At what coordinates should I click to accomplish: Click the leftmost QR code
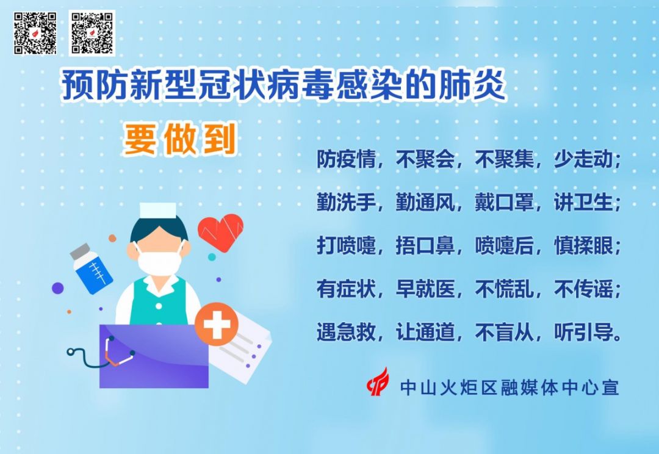tap(35, 33)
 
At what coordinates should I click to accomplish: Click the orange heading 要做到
tap(179, 139)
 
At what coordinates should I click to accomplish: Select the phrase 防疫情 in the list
tap(346, 159)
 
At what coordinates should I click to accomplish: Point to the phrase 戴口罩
tap(505, 203)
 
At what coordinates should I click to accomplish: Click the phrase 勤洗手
tap(346, 203)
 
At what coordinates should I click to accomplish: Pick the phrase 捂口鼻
tap(425, 246)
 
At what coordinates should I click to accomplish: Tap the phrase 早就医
tap(425, 289)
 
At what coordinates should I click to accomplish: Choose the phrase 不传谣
tap(583, 289)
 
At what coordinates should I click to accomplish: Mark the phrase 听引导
tap(583, 333)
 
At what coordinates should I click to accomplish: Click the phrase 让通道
tap(425, 333)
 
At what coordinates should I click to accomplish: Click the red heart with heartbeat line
tap(221, 232)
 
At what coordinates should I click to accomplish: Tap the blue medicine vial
tap(91, 268)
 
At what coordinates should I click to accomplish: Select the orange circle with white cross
tap(217, 324)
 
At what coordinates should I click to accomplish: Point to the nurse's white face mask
tap(160, 262)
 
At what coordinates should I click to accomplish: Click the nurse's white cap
tap(157, 211)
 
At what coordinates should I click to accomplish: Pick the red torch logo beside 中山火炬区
tap(378, 383)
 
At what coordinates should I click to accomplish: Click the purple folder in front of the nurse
tap(154, 356)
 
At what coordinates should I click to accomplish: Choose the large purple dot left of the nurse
tap(57, 289)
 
